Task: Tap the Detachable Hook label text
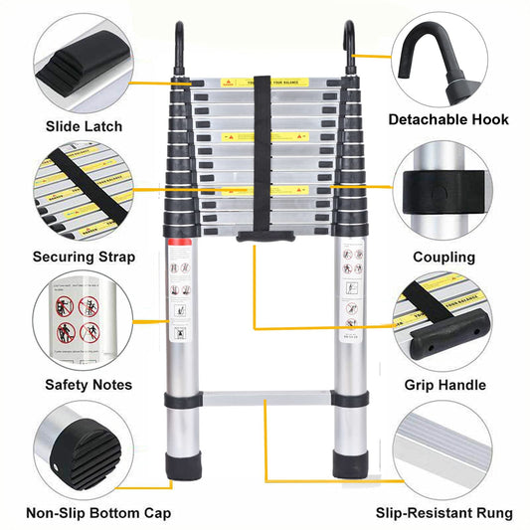tap(448, 119)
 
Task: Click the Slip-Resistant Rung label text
tap(444, 514)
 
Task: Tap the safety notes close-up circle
tap(79, 319)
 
